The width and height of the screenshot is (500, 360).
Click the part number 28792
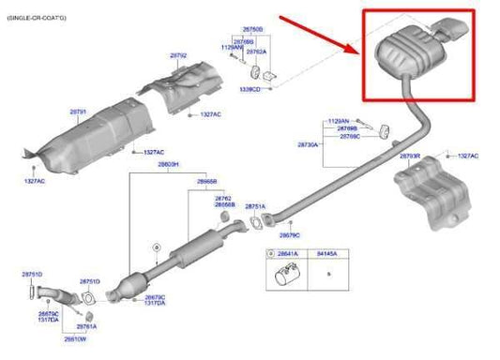(177, 56)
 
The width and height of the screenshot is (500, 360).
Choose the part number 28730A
(309, 145)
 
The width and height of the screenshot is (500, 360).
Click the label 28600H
(168, 164)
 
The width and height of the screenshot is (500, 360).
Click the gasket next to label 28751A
(254, 224)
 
